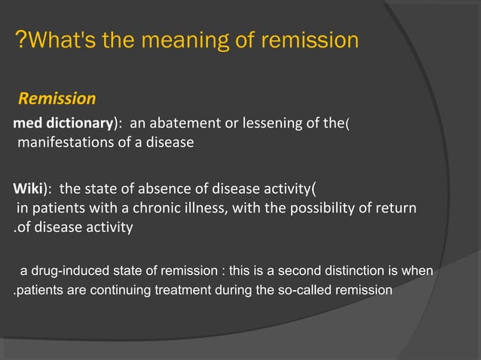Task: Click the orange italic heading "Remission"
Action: coord(57,99)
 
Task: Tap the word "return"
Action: coord(397,208)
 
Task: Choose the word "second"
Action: coord(296,271)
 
